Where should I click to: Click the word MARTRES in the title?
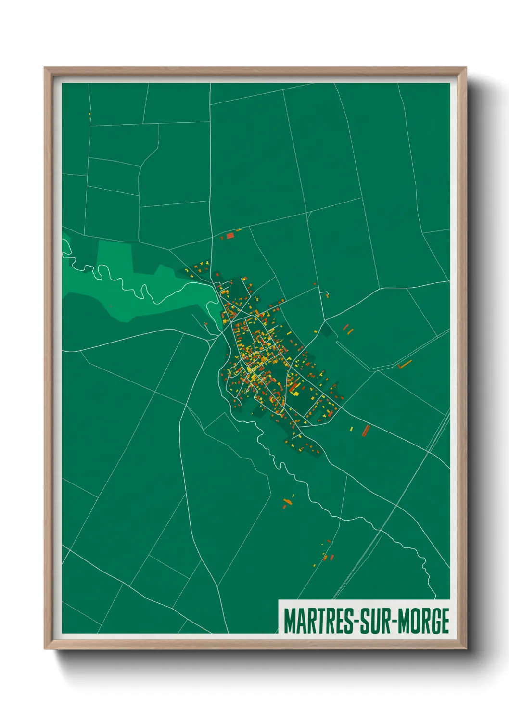pyautogui.click(x=318, y=621)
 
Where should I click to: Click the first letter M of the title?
pyautogui.click(x=289, y=621)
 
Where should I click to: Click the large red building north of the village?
pyautogui.click(x=230, y=235)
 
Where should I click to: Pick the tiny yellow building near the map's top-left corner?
pyautogui.click(x=89, y=114)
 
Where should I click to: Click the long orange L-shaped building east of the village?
pyautogui.click(x=405, y=364)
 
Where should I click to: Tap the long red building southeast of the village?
pyautogui.click(x=366, y=430)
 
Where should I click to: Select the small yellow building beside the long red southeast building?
pyautogui.click(x=351, y=428)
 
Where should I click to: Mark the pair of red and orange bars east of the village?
pyautogui.click(x=348, y=329)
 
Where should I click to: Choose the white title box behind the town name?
pyautogui.click(x=364, y=617)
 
